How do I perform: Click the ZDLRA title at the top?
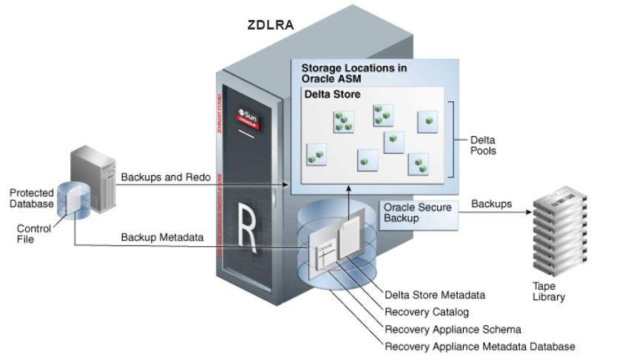pyautogui.click(x=271, y=25)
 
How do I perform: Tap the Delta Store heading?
pyautogui.click(x=333, y=95)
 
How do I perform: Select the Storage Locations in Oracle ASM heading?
pyautogui.click(x=353, y=72)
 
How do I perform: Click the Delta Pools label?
pyautogui.click(x=483, y=145)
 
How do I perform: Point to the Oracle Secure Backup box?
pyautogui.click(x=417, y=212)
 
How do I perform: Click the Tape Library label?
pyautogui.click(x=548, y=291)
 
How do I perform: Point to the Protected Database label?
pyautogui.click(x=32, y=198)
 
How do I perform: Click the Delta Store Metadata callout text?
pyautogui.click(x=435, y=295)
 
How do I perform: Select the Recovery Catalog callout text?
pyautogui.click(x=427, y=313)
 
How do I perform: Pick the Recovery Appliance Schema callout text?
pyautogui.click(x=453, y=330)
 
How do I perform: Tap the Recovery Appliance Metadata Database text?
pyautogui.click(x=479, y=347)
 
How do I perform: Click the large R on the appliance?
pyautogui.click(x=248, y=220)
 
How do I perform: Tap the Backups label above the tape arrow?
pyautogui.click(x=491, y=203)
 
